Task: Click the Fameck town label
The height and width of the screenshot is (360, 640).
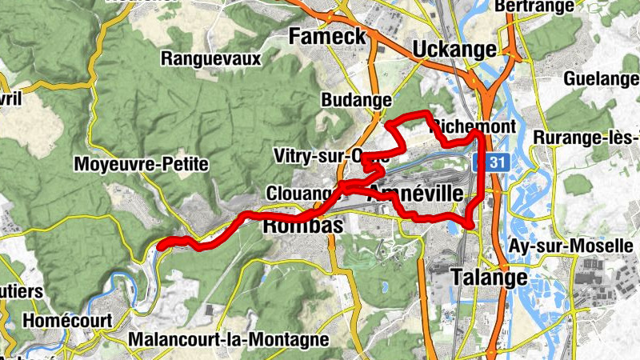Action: pos(327,36)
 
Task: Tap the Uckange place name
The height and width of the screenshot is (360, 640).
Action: pos(454,50)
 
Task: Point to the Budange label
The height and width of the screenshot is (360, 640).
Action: pos(355,100)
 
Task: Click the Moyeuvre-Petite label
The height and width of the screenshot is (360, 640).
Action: pos(140,165)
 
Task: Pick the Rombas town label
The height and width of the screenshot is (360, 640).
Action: pos(303,226)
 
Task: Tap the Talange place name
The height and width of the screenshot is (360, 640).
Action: pos(489,277)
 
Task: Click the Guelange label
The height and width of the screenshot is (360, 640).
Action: pos(601,79)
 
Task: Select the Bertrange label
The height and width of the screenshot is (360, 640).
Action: pos(546,6)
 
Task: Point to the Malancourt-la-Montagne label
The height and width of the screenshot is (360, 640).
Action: pos(228,339)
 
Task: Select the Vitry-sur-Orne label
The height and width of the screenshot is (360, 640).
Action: pos(330,155)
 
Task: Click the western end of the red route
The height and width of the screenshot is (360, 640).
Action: pos(160,247)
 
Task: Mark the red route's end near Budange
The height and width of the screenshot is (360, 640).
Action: pos(388,123)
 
